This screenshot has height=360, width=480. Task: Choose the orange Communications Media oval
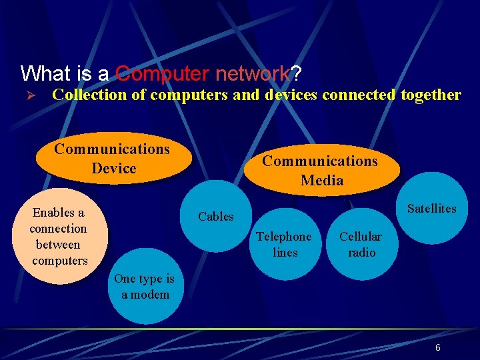click(321, 171)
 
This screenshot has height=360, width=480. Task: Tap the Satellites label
click(431, 209)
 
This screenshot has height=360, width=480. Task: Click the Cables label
click(216, 217)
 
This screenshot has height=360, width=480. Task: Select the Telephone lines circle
click(284, 245)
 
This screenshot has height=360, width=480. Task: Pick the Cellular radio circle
click(361, 245)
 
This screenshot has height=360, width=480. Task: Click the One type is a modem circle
click(144, 287)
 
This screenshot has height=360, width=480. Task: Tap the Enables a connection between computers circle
click(59, 237)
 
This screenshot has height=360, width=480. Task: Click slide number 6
click(437, 347)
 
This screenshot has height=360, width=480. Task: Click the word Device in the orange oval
click(114, 169)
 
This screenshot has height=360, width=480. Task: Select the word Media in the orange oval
click(322, 181)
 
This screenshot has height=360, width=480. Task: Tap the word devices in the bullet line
click(291, 95)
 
